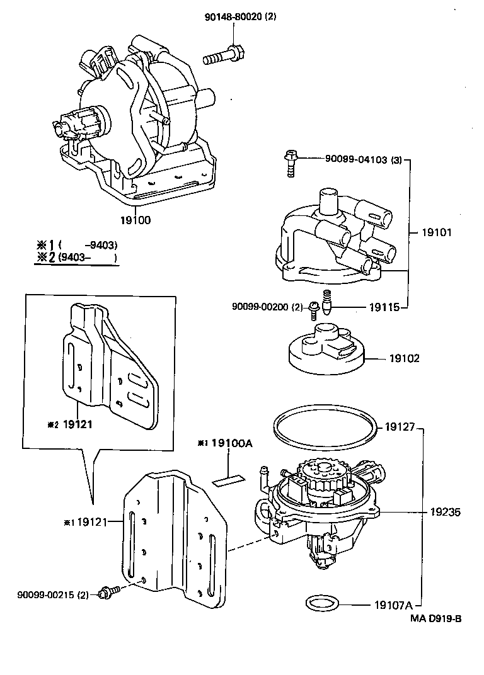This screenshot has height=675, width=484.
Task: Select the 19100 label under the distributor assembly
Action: point(135,220)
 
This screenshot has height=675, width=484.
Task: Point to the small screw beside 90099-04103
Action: point(291,162)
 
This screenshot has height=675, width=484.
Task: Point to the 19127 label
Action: point(400,427)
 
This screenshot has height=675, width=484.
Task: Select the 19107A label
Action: point(391,606)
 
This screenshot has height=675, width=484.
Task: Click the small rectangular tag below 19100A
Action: point(228,481)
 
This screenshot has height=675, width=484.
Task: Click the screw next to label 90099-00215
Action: point(106,592)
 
